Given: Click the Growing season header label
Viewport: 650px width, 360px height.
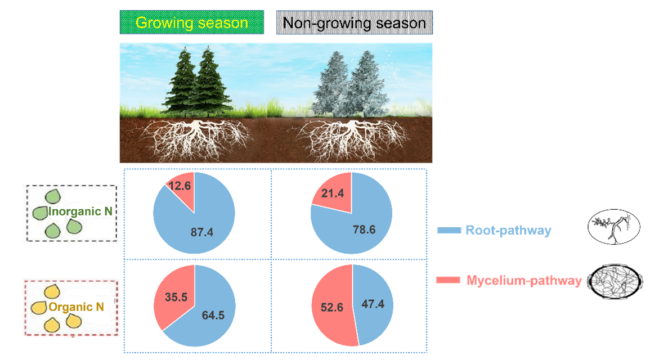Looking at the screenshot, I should pyautogui.click(x=192, y=23).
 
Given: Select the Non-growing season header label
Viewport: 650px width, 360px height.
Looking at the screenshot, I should pyautogui.click(x=354, y=23).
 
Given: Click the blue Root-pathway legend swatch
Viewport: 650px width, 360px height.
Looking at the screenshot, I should pyautogui.click(x=449, y=230).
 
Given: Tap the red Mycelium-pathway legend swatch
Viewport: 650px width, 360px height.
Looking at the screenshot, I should pyautogui.click(x=449, y=280).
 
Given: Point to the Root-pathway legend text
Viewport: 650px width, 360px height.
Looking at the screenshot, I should pyautogui.click(x=508, y=230).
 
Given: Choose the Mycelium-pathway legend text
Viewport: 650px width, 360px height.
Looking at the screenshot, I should pyautogui.click(x=523, y=280).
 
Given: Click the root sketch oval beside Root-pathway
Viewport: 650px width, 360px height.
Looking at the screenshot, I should pyautogui.click(x=613, y=227).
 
